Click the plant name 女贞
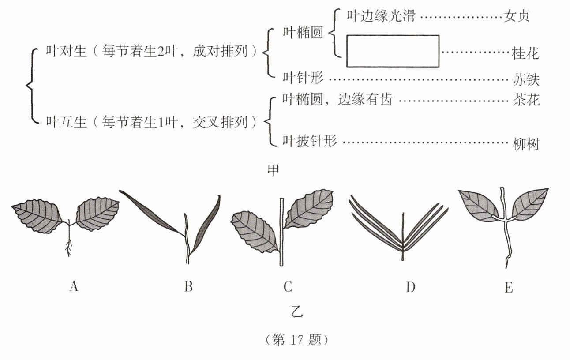[x=516, y=16]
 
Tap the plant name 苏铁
[x=526, y=79]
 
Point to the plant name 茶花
[x=526, y=100]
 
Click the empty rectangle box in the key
[x=393, y=51]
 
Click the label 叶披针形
[x=309, y=141]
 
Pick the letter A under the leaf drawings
[x=74, y=287]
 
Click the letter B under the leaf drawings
[x=188, y=287]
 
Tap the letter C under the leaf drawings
[x=288, y=287]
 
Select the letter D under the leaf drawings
[x=410, y=287]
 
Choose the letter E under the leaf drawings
[x=508, y=287]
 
